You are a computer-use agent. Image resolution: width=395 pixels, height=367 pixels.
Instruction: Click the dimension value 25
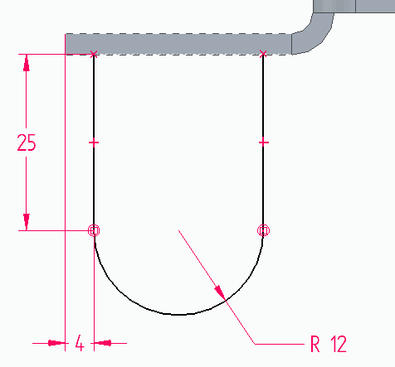click(27, 142)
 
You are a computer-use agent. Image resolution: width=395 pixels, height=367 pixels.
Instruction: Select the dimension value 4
click(80, 343)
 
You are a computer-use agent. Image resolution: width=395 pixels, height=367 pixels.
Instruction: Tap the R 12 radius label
click(329, 344)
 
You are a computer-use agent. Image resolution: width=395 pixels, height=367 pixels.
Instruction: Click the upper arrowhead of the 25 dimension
click(27, 63)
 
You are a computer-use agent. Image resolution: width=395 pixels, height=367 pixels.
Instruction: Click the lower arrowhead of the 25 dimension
click(27, 222)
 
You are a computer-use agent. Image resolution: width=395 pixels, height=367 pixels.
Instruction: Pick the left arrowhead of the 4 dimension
click(56, 343)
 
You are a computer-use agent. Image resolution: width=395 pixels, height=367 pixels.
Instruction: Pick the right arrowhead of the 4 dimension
click(103, 343)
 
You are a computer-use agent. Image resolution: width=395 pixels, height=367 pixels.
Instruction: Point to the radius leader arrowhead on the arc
click(220, 292)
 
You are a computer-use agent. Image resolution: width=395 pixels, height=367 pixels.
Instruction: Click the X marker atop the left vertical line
click(94, 54)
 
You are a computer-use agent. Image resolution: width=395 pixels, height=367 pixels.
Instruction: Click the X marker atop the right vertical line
click(263, 54)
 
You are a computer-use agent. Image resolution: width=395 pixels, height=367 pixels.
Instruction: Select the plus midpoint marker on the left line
click(94, 142)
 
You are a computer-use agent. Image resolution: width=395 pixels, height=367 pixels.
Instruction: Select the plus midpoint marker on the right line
click(263, 142)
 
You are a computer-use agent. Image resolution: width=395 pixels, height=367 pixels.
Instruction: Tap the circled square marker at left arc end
click(94, 230)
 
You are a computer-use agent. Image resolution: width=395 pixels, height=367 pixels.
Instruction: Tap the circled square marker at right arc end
click(263, 230)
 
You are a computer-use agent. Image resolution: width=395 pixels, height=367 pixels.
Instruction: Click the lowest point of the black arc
click(178, 315)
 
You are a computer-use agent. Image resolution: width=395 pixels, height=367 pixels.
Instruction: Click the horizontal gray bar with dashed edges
click(178, 44)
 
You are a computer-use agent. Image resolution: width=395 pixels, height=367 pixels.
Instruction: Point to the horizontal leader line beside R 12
click(280, 344)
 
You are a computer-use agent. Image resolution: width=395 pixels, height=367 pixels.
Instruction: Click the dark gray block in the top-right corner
click(354, 6)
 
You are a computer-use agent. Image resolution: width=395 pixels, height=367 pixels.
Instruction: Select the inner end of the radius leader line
click(178, 230)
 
